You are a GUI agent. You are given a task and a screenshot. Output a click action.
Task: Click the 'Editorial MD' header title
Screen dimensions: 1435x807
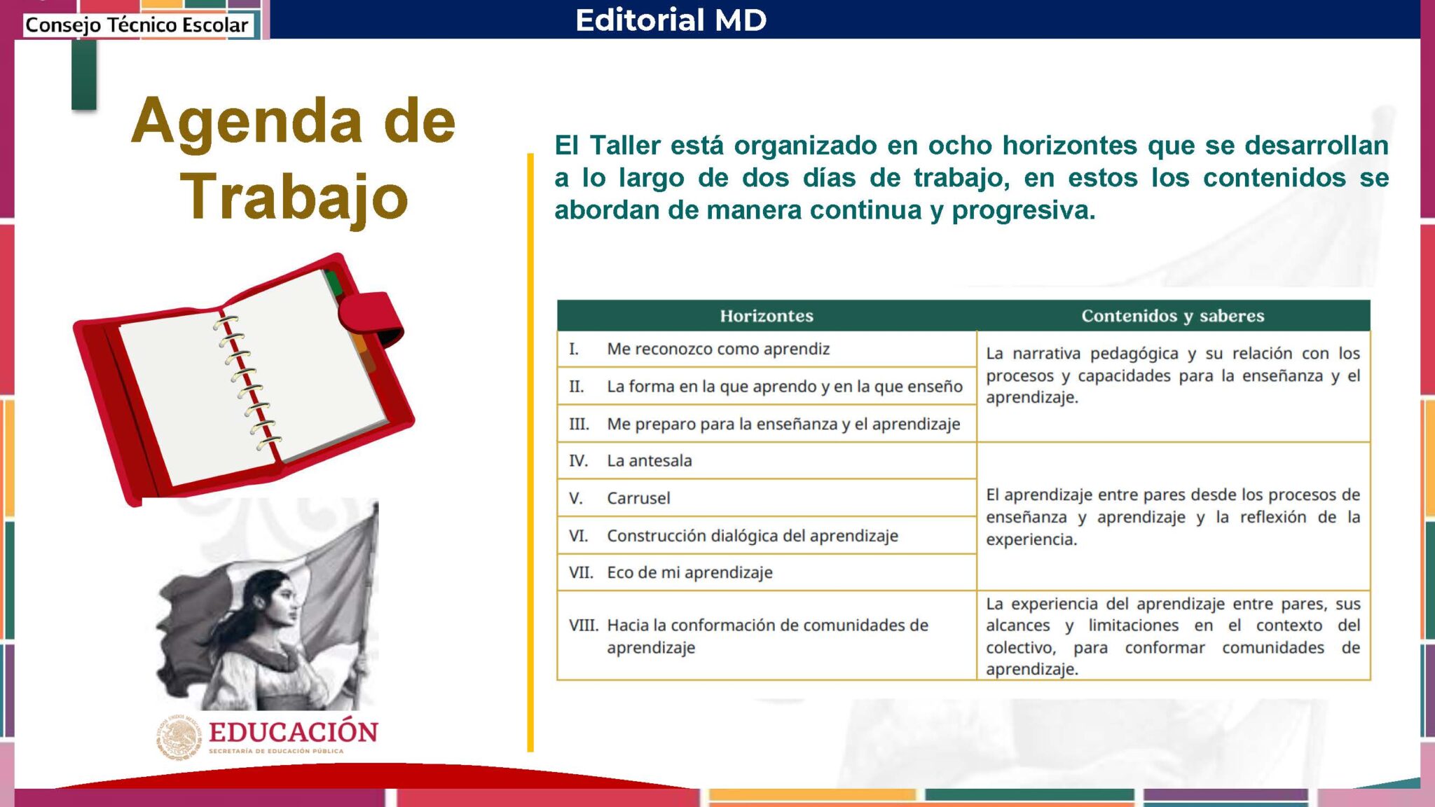pyautogui.click(x=671, y=20)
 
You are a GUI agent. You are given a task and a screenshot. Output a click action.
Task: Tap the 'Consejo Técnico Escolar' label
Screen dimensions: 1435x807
pyautogui.click(x=137, y=25)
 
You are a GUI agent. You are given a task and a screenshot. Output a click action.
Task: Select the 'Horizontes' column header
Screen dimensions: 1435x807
pyautogui.click(x=767, y=316)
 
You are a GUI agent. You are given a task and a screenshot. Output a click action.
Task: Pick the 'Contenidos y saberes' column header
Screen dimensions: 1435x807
pyautogui.click(x=1173, y=316)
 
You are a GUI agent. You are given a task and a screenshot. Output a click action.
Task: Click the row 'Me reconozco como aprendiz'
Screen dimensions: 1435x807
pyautogui.click(x=718, y=349)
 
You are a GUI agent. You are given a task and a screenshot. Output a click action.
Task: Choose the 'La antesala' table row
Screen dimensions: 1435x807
pyautogui.click(x=650, y=460)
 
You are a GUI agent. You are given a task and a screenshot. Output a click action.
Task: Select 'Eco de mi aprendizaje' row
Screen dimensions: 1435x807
pyautogui.click(x=689, y=572)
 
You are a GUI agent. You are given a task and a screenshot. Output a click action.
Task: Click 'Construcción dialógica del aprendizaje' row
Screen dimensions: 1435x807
pyautogui.click(x=753, y=535)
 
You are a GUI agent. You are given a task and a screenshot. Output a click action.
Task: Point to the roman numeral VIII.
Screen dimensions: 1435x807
pyautogui.click(x=583, y=625)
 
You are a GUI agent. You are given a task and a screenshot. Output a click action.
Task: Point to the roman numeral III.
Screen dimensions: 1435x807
pyautogui.click(x=579, y=424)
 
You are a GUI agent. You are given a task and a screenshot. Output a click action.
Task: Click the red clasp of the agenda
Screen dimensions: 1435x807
pyautogui.click(x=370, y=319)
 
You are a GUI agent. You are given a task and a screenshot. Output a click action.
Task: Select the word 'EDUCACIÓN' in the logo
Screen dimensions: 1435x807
pyautogui.click(x=293, y=732)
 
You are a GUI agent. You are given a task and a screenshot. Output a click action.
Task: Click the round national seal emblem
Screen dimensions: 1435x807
pyautogui.click(x=178, y=737)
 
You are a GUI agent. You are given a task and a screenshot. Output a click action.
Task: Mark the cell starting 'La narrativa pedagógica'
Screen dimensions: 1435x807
pyautogui.click(x=1173, y=375)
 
